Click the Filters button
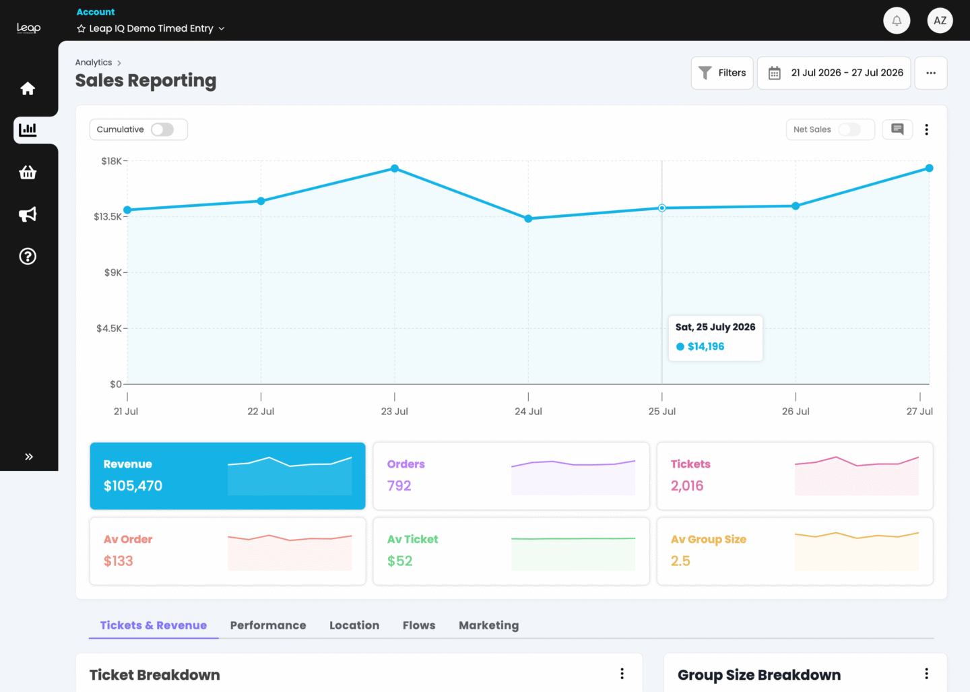[722, 73]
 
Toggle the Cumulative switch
[162, 129]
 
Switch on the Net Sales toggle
[849, 129]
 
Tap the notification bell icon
[897, 20]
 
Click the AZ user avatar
[940, 20]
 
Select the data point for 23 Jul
[395, 168]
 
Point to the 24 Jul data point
[528, 219]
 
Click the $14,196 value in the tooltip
[706, 346]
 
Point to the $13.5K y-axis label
[108, 216]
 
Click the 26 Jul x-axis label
[796, 412]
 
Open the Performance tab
[268, 625]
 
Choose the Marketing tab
[489, 625]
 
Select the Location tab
[354, 625]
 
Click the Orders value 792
[399, 486]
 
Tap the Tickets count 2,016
[687, 486]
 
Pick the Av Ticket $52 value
[399, 561]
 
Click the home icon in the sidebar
[28, 88]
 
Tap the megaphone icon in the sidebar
[28, 214]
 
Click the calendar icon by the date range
[774, 73]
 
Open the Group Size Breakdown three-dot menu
[926, 674]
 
